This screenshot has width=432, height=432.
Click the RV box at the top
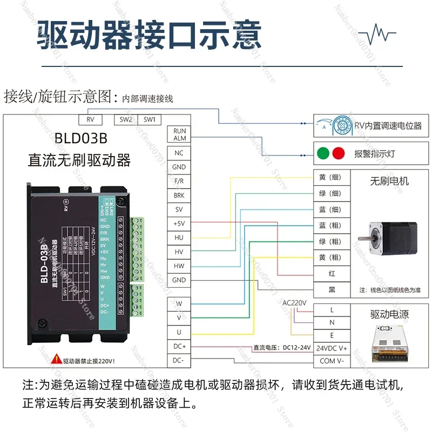[90, 119]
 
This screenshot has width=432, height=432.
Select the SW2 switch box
[125, 119]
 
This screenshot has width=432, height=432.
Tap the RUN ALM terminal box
[179, 134]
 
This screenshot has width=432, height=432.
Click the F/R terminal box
[179, 182]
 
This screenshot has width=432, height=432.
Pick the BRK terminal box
[179, 195]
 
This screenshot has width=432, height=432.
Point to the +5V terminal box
[179, 224]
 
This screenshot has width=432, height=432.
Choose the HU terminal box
[179, 238]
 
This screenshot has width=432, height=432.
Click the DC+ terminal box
[179, 346]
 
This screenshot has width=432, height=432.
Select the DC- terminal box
[179, 360]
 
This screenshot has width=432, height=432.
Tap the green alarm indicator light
[322, 153]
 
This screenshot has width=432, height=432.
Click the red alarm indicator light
[339, 153]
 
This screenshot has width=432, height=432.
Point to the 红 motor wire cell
[332, 274]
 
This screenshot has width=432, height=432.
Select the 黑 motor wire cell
[332, 290]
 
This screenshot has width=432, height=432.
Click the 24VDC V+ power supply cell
[332, 348]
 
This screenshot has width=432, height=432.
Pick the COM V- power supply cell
[332, 361]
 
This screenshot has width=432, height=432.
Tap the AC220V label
[294, 303]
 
